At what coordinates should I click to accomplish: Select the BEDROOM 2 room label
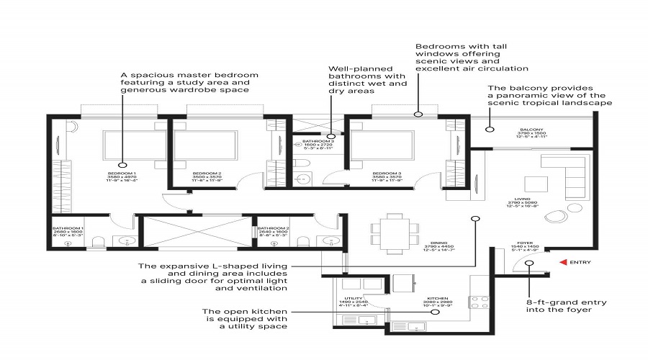point(206,174)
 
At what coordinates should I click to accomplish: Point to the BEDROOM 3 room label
point(386,174)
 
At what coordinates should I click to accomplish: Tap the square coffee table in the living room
point(534,181)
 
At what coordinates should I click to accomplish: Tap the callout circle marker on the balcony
point(488,130)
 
